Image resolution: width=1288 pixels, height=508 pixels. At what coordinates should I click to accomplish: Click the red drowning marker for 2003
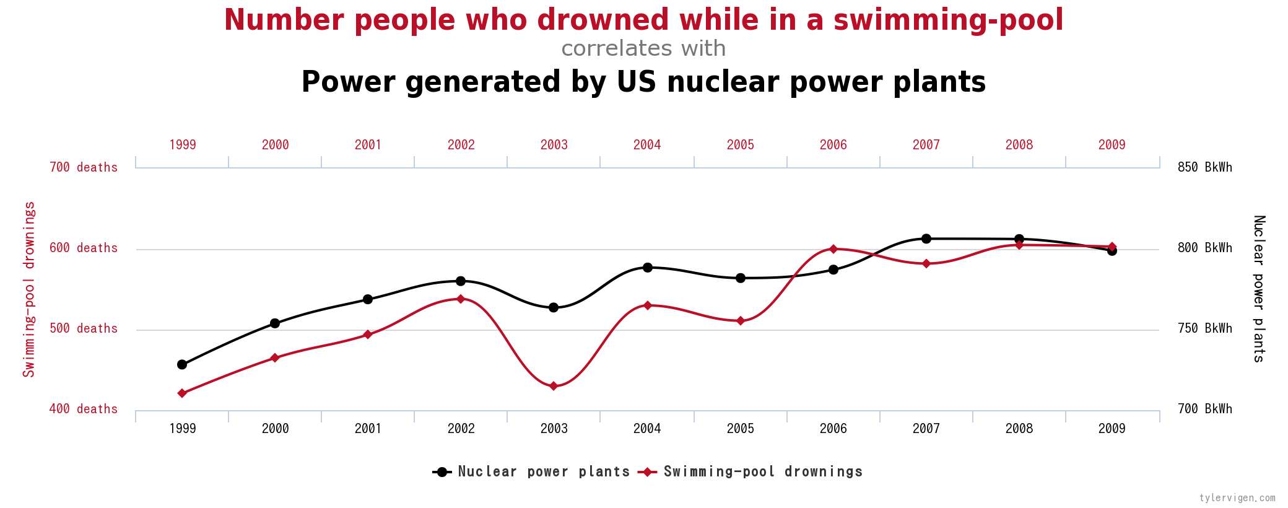tap(554, 386)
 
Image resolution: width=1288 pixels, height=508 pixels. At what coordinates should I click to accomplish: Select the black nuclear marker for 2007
tap(926, 239)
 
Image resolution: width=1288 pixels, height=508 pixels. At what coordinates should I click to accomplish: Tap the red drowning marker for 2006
tap(833, 249)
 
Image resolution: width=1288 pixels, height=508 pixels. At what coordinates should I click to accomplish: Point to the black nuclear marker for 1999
tap(182, 364)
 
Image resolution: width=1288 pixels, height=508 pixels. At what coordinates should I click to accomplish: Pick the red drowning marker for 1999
tap(182, 393)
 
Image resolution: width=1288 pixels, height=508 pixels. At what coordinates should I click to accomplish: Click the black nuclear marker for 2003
tap(554, 307)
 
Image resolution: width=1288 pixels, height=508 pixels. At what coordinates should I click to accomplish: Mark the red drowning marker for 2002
tap(461, 299)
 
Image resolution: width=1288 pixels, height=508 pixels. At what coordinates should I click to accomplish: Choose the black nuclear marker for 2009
tap(1112, 251)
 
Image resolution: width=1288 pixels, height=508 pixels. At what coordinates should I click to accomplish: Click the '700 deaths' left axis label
tap(84, 167)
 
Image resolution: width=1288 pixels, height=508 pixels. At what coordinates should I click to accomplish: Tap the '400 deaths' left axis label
tap(84, 409)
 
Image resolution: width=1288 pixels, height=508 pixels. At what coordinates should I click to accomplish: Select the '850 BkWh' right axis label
tap(1205, 167)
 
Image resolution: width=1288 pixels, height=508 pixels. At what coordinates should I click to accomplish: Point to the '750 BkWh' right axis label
tap(1205, 328)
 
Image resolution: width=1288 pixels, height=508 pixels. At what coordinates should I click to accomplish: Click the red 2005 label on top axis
tap(741, 145)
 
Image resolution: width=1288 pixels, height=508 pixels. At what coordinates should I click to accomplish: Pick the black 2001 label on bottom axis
tap(368, 429)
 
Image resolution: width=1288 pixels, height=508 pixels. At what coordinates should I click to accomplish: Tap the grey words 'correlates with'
tap(643, 48)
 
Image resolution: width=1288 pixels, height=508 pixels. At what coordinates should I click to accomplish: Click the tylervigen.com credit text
tap(1237, 498)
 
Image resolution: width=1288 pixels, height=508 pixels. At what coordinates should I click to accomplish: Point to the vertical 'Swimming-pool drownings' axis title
tap(29, 289)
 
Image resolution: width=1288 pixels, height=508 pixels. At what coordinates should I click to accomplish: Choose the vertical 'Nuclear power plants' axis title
tap(1259, 289)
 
